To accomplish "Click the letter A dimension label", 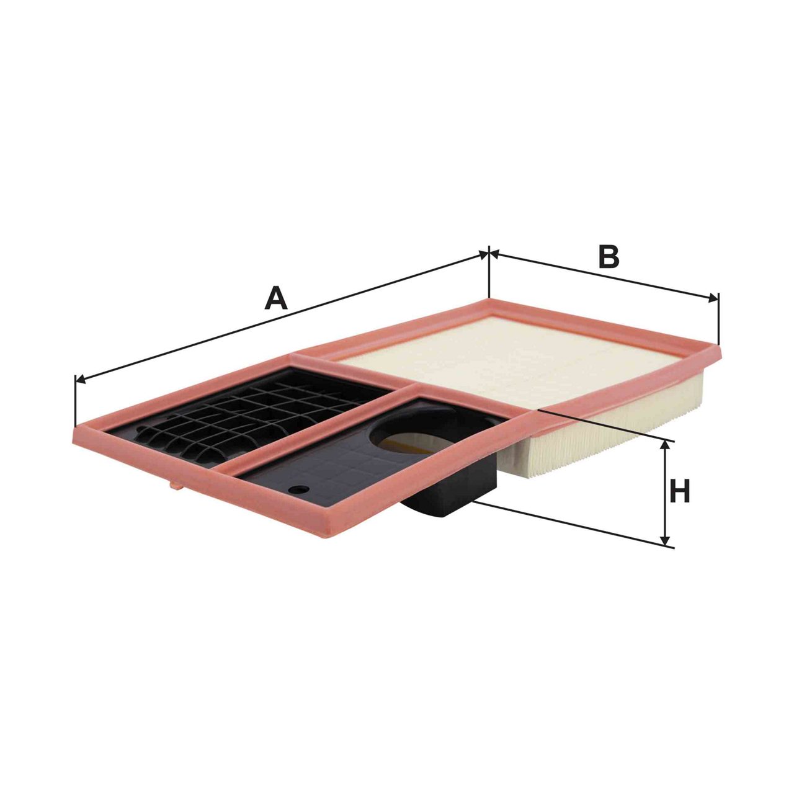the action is (x=275, y=299).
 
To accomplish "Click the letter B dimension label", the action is (x=609, y=256).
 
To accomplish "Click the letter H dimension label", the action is (x=680, y=491).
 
